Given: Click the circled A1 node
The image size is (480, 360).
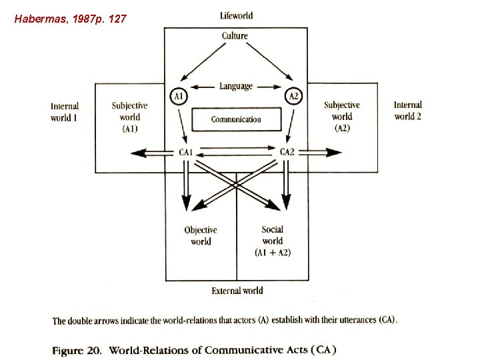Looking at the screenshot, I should coord(179,97).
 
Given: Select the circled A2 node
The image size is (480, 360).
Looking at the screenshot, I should coord(293,97).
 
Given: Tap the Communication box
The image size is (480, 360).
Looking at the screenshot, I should coord(236,119).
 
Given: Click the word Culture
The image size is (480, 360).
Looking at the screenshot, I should coord(235,36).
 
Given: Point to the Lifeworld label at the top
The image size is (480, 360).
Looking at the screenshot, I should coord(236,15).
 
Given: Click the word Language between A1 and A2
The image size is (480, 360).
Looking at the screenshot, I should coord(236,86).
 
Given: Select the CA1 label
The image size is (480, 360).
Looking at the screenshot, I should coord(186,153).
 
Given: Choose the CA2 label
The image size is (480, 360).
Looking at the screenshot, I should coord(287,153).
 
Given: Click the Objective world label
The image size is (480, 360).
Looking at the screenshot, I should coord(201,236).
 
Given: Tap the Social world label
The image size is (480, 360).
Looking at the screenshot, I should coord(272,241).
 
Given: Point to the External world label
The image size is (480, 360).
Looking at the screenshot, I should coord(237,291).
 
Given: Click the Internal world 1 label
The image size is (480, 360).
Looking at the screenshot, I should coord(65,111).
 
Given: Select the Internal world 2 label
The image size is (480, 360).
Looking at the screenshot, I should coord(407,110).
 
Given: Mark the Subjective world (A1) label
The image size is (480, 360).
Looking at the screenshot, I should coord(129,117).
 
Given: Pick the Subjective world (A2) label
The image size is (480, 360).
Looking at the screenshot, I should coord(341,116).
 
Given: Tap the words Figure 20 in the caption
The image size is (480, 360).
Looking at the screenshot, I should coord(77,349).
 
